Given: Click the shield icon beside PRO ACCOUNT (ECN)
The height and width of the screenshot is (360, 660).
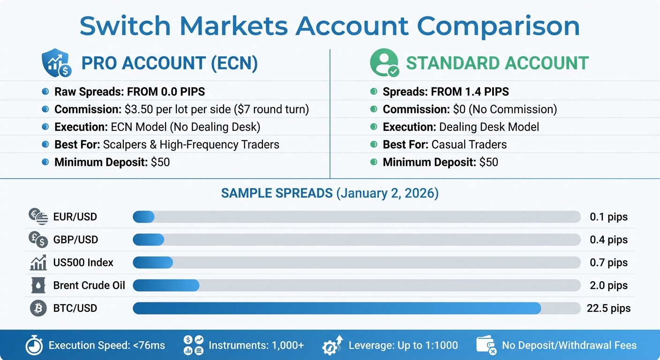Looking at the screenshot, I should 56,64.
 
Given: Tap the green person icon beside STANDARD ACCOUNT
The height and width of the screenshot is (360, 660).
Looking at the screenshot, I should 384,63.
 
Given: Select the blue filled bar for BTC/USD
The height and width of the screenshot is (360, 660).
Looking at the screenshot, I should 337,308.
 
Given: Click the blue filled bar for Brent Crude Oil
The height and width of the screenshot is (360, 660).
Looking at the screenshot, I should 166,285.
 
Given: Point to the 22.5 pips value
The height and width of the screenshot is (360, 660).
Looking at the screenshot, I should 608,308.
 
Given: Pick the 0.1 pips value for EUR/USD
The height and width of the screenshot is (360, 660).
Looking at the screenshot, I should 608,217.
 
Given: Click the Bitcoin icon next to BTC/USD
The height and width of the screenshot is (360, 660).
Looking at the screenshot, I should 38,308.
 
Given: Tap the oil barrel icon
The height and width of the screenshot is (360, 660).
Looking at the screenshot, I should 38,285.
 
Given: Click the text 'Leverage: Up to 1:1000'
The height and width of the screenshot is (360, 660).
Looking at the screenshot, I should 403,345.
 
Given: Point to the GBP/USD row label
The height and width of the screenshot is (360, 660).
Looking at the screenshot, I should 75,240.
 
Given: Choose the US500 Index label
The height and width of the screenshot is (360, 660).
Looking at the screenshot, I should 83,262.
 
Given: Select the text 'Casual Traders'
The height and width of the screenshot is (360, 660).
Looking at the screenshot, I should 469,144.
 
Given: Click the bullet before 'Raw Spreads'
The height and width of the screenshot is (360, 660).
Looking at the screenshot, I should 45,92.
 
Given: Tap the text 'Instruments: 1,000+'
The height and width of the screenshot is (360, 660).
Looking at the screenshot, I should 256,345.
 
